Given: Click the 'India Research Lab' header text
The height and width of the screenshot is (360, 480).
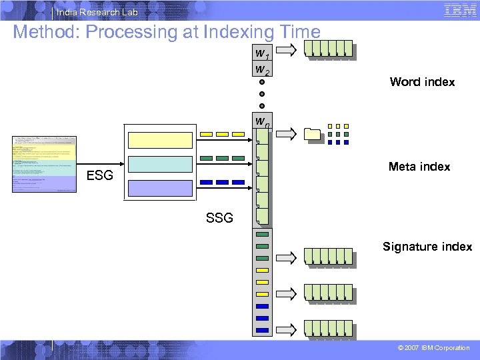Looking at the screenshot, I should [x=97, y=12].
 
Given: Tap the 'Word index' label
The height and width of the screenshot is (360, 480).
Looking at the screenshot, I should [x=422, y=82].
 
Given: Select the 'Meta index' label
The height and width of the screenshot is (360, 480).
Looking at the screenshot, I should [x=419, y=167].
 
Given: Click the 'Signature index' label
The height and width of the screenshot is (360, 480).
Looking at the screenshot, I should [x=427, y=247].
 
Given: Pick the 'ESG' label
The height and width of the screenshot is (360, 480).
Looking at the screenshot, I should [x=100, y=176].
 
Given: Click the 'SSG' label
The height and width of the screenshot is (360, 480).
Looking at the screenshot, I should [x=219, y=217].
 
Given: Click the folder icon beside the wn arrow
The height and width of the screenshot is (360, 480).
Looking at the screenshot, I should [x=313, y=134].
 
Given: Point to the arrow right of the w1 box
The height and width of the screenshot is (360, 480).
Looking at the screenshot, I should [x=287, y=49].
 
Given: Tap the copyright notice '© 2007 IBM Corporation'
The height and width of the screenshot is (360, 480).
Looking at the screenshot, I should [x=433, y=348].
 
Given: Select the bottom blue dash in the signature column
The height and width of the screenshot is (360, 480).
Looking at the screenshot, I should [x=262, y=331].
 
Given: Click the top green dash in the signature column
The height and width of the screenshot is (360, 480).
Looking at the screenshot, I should [x=262, y=234].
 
